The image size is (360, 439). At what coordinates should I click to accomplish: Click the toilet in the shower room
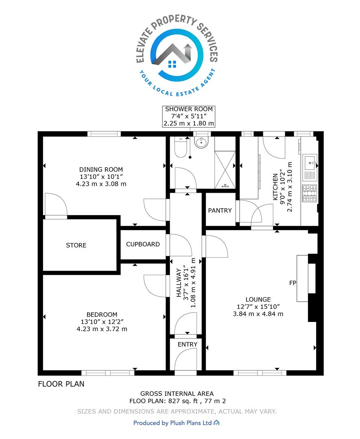coord(181,147)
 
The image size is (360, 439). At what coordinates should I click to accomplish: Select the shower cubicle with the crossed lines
coord(225,170)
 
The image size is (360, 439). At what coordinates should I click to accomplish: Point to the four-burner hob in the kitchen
coord(310,193)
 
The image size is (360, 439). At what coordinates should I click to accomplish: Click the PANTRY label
coord(220,210)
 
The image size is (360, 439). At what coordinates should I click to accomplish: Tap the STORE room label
coord(76,245)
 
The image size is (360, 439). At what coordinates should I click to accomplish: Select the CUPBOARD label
coord(143,244)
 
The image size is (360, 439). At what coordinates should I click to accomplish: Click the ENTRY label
coord(188,344)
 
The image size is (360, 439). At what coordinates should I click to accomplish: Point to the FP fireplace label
coord(292,283)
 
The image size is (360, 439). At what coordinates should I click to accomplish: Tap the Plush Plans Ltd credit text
coord(176,423)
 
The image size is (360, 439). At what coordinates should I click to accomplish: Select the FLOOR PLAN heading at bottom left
coord(61,384)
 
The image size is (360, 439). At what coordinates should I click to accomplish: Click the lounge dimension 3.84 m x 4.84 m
coord(258,314)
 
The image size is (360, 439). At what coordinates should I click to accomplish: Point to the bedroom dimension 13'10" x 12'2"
coord(102,322)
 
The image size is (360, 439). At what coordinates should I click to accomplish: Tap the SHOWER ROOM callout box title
coord(189,109)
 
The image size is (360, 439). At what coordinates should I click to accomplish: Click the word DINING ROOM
coord(101,170)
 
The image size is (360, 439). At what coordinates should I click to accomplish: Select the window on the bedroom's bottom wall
coord(108,373)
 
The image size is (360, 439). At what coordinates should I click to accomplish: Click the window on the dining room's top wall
coord(104,134)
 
